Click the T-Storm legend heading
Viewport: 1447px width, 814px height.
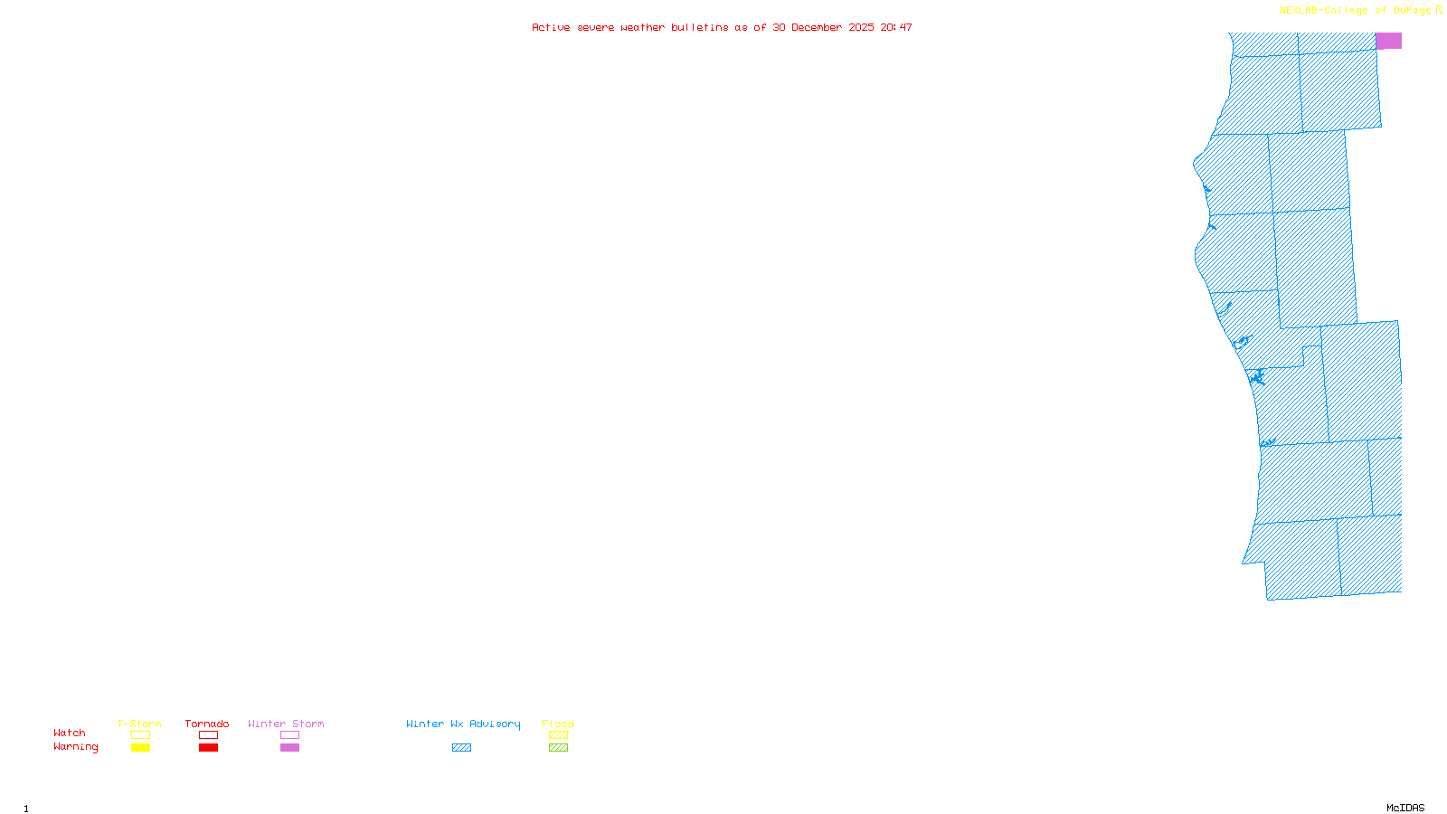pos(139,724)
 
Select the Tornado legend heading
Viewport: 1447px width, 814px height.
pos(207,724)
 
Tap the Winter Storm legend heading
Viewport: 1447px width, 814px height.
pos(286,724)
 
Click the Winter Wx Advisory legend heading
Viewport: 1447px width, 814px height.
pos(463,724)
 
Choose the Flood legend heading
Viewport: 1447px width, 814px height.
pos(558,724)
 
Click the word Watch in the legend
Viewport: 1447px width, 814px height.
pos(70,733)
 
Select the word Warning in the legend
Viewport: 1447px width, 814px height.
pos(76,747)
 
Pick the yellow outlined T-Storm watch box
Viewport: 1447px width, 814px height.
pos(140,735)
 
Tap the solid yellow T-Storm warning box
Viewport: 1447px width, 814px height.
pos(140,748)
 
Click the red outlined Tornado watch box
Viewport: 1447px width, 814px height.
pos(208,735)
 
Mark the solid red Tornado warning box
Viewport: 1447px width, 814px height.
pos(208,748)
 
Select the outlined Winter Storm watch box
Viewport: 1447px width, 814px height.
pos(289,735)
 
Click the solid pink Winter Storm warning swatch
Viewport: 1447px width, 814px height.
pos(289,748)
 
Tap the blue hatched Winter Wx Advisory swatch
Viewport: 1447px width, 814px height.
pos(461,748)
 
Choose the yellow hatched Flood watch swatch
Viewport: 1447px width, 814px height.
pos(558,735)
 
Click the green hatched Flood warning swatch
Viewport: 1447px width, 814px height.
pos(558,748)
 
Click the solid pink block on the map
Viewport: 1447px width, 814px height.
pos(1388,41)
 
